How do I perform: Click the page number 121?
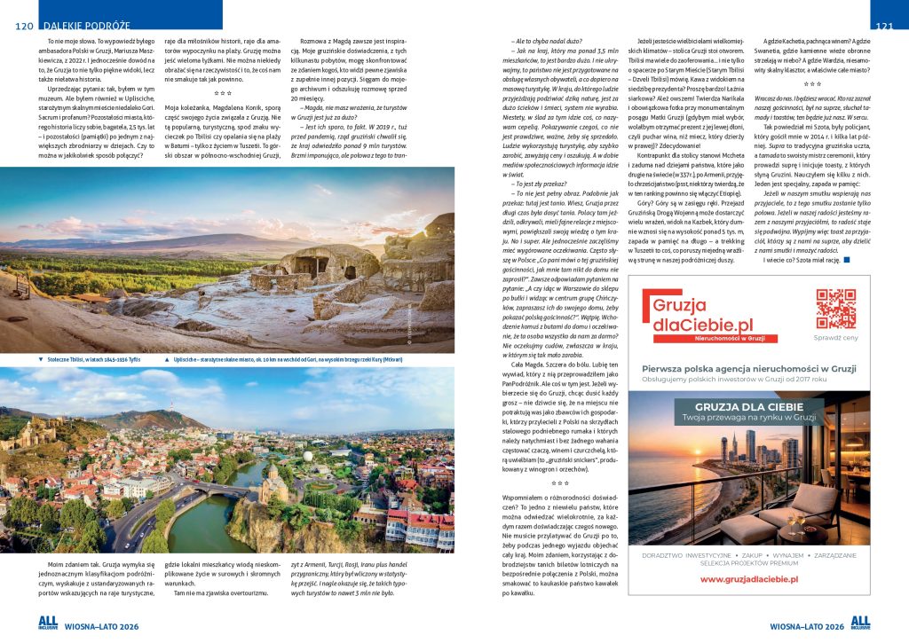coord(883,27)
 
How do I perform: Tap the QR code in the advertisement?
coord(835,309)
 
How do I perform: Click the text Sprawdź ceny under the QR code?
coord(835,338)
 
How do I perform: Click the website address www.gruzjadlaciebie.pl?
coord(736,579)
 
